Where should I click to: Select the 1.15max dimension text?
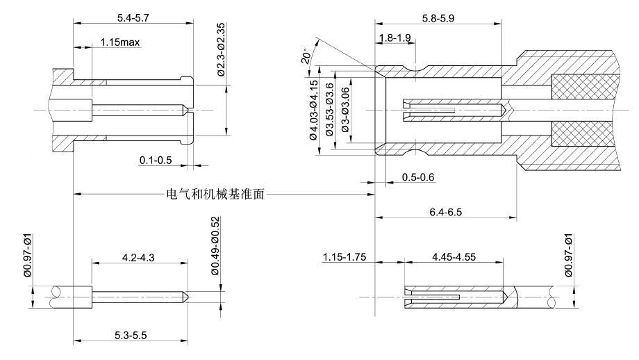point(119,43)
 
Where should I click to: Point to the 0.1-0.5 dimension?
point(156,161)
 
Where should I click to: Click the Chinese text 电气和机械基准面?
point(217,195)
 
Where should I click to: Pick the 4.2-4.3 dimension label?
point(140,257)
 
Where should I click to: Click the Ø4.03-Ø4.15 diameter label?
point(313,110)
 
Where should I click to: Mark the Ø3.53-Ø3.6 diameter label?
point(330,110)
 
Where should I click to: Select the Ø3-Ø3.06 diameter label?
point(345,110)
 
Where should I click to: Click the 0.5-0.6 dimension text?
point(418,178)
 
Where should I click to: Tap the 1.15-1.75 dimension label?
point(345,257)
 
